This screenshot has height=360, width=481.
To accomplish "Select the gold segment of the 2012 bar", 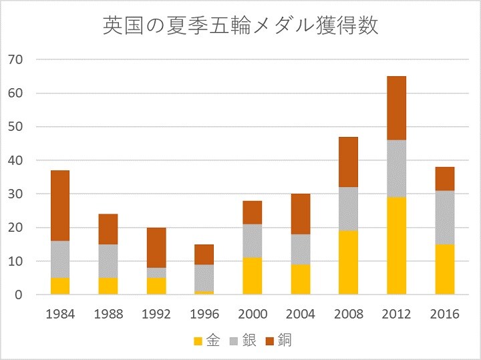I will (x=396, y=245).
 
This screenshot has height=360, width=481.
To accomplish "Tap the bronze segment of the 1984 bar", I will (x=60, y=206).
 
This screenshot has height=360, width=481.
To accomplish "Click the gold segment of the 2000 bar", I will (x=253, y=276).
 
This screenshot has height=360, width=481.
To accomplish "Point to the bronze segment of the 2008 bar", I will (x=348, y=162).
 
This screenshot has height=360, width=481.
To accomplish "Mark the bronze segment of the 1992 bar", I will (x=156, y=247).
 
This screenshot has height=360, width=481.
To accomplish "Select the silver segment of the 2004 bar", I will (x=301, y=248).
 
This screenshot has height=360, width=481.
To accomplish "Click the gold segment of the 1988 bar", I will (x=108, y=286).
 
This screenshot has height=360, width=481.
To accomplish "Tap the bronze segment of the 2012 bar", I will (x=396, y=108).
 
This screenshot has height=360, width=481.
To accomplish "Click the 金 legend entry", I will (x=207, y=341).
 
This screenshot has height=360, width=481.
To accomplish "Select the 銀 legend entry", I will (x=243, y=341).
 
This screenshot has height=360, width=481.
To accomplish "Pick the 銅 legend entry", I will (x=278, y=341).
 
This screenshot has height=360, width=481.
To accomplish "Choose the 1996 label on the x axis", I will (x=204, y=314).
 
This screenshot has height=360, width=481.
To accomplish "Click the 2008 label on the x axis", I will (x=348, y=314).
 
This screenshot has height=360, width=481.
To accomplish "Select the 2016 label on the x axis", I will (x=444, y=314).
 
